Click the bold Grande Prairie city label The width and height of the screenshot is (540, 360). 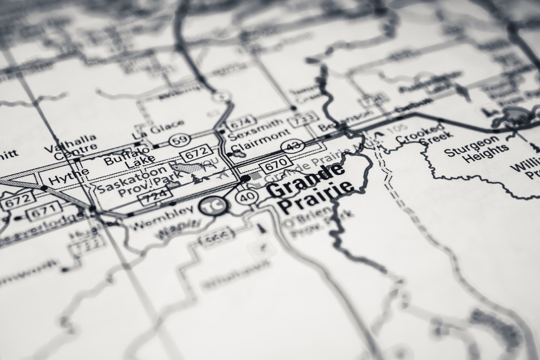coord(310,189)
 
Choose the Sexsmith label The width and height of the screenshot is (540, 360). coord(256,126)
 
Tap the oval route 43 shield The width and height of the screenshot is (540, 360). coord(292,145)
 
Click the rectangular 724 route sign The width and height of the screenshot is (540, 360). coord(157,195)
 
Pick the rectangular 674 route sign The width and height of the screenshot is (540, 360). coord(240,121)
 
